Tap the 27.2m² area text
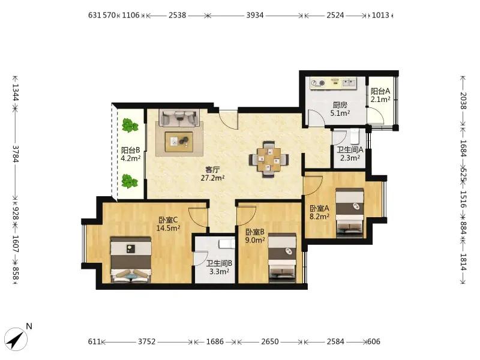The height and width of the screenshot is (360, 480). [213, 178]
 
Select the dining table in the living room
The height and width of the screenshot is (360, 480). [269, 159]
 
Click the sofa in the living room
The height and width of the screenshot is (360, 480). [179, 118]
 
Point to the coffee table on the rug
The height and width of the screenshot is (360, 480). [179, 142]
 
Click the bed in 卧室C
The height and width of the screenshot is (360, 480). [131, 260]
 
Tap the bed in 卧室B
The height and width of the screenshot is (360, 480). [282, 257]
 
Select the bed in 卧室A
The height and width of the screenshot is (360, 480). [350, 213]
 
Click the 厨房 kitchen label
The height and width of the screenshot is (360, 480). [340, 105]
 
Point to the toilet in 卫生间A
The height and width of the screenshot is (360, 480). [355, 137]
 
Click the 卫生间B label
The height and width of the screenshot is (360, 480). [219, 263]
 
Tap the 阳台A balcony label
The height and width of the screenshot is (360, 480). [380, 91]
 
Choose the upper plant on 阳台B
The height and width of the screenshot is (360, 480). [130, 125]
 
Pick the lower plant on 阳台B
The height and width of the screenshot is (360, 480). [130, 181]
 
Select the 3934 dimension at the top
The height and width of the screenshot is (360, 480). [255, 15]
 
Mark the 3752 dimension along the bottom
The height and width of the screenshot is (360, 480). [147, 341]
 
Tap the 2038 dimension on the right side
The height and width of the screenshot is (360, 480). [463, 101]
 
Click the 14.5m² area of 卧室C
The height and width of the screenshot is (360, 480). [168, 228]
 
